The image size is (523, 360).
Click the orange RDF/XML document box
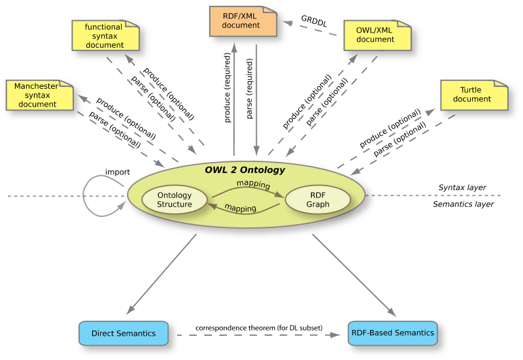click(x=243, y=21)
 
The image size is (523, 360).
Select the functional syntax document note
click(x=105, y=36)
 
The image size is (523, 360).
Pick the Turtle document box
click(x=473, y=95)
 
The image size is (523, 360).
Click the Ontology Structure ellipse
click(x=175, y=200)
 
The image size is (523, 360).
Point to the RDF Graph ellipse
click(x=318, y=200)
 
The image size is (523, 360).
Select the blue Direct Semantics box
click(x=124, y=333)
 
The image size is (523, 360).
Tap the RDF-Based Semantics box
click(x=392, y=333)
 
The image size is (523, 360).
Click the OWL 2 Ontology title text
click(x=245, y=170)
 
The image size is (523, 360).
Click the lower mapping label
click(x=240, y=208)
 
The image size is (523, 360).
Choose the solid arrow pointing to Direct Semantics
click(x=160, y=274)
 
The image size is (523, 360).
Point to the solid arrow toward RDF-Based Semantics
click(x=354, y=274)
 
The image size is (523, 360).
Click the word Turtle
click(x=471, y=90)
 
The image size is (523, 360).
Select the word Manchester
click(x=37, y=86)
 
